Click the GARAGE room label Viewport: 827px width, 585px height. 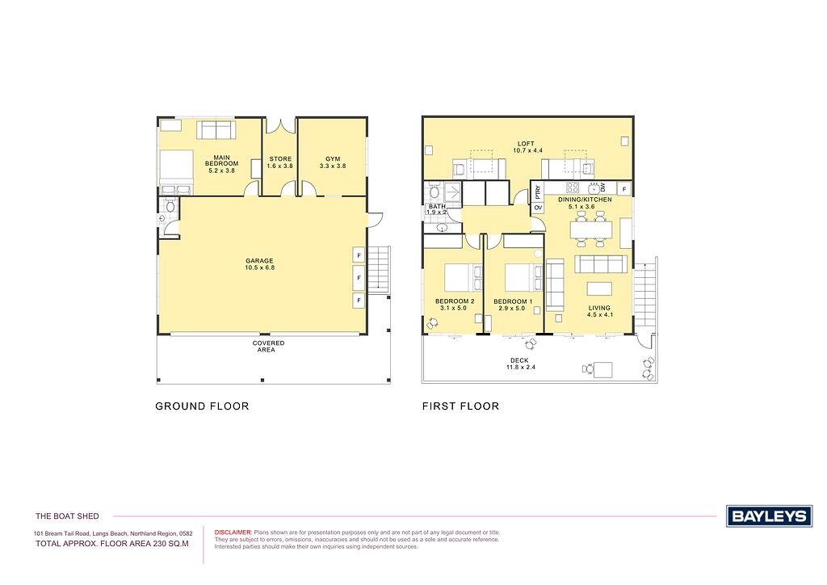tap(259, 261)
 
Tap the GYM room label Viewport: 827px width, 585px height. tap(333, 159)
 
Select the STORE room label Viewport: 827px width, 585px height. tap(280, 159)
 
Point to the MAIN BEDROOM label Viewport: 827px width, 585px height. tap(221, 160)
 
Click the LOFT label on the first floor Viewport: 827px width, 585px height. tap(526, 144)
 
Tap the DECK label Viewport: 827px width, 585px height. tap(519, 360)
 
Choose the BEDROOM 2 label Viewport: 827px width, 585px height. tap(455, 301)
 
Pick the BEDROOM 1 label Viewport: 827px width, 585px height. tap(513, 301)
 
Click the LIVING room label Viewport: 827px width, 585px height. tap(599, 308)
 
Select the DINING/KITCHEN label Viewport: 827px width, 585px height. tap(585, 200)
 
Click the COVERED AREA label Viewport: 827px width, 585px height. tap(268, 346)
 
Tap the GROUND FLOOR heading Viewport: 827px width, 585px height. tap(202, 406)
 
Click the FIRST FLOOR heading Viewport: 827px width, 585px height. tap(460, 406)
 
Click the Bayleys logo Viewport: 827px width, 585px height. tap(769, 516)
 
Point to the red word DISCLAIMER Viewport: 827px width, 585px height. tap(233, 532)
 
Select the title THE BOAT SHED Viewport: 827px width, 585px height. tap(67, 516)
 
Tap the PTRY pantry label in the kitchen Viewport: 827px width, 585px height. tap(537, 192)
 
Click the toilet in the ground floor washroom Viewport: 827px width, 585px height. tap(170, 206)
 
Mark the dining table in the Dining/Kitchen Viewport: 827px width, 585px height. tap(590, 230)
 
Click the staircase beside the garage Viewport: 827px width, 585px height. tap(379, 269)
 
